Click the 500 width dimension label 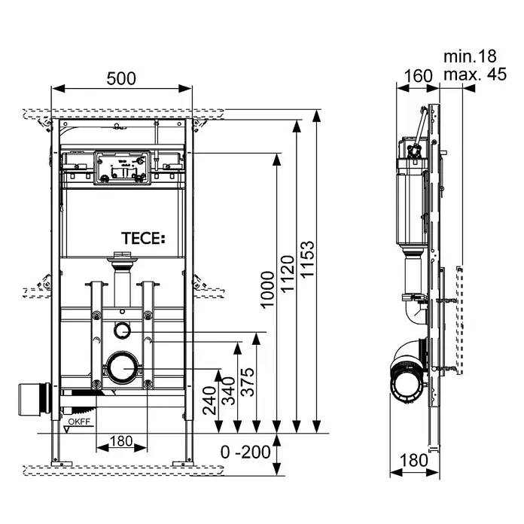tap(121, 79)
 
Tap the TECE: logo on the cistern tap(143, 238)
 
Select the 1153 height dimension tap(307, 259)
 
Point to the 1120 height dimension tap(287, 274)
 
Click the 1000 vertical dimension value tap(267, 290)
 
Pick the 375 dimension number tap(248, 382)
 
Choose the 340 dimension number tap(229, 391)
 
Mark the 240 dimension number tap(209, 401)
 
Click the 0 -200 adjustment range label tap(245, 452)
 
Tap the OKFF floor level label tap(79, 422)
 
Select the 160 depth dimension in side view tap(418, 76)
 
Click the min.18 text tap(470, 56)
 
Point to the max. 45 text tap(475, 75)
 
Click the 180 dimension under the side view tap(414, 460)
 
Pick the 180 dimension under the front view tap(121, 441)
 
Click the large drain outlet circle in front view tap(122, 368)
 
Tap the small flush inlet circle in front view tap(122, 331)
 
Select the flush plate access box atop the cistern tap(122, 167)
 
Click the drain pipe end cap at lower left tap(34, 400)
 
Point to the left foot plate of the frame tap(62, 464)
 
